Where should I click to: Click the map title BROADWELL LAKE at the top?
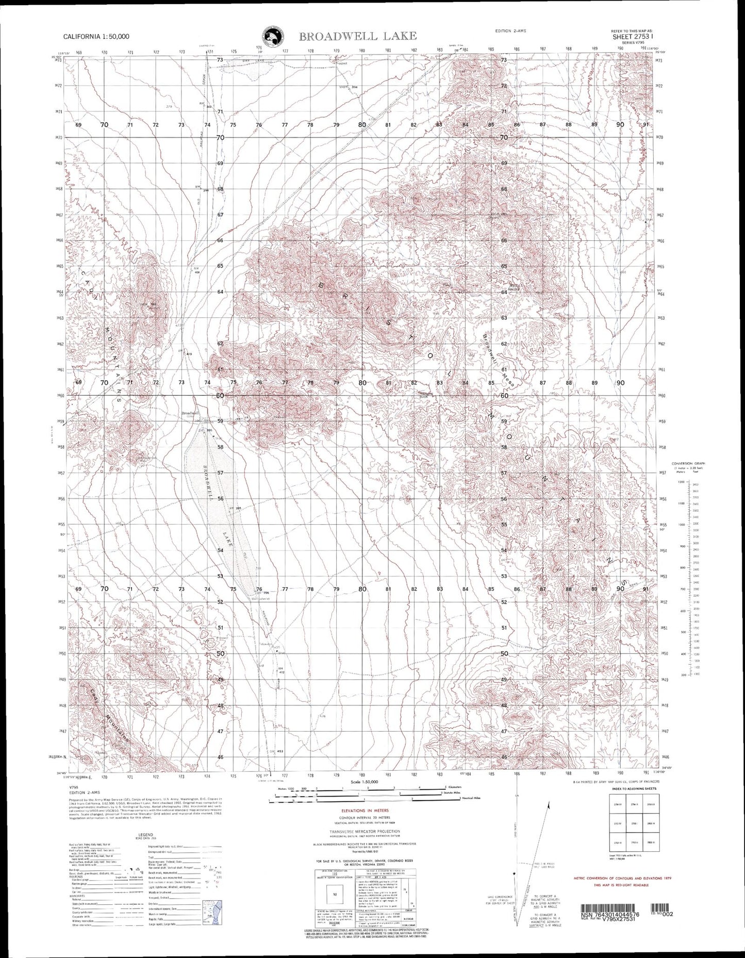(x=357, y=36)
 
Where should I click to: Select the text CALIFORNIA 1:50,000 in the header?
(x=96, y=37)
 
